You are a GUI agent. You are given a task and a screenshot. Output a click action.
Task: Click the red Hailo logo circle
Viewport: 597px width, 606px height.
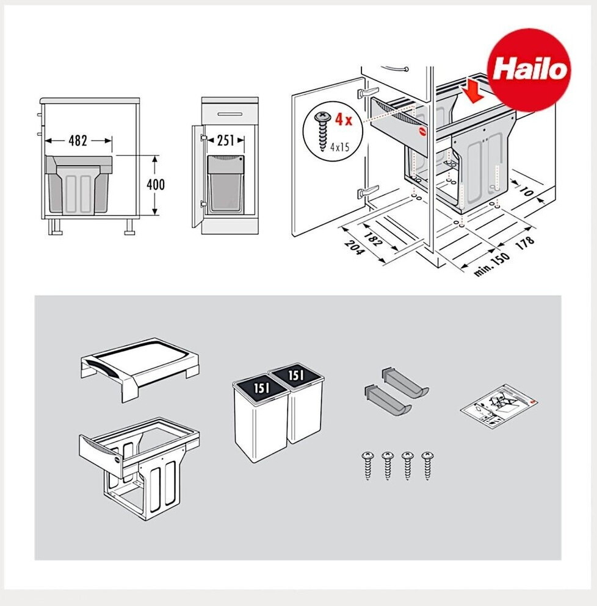pyautogui.click(x=529, y=70)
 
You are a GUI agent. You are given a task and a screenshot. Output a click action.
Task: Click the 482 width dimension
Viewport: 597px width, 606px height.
pyautogui.click(x=78, y=140)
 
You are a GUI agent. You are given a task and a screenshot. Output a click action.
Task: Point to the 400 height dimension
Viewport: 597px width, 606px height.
pyautogui.click(x=156, y=184)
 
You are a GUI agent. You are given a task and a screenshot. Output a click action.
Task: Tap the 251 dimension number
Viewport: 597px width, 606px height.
pyautogui.click(x=225, y=140)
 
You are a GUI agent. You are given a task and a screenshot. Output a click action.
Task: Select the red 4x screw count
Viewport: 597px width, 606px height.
pyautogui.click(x=344, y=119)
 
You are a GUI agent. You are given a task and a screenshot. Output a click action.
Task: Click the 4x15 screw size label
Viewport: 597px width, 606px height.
pyautogui.click(x=340, y=146)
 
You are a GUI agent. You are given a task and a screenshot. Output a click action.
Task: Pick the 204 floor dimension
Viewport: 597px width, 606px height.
pyautogui.click(x=354, y=248)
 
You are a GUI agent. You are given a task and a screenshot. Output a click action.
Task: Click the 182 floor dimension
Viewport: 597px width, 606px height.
pyautogui.click(x=372, y=239)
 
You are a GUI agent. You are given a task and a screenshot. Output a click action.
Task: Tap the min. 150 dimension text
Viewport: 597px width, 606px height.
pyautogui.click(x=491, y=265)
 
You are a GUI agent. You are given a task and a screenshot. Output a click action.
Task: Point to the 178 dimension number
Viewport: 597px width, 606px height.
pyautogui.click(x=525, y=243)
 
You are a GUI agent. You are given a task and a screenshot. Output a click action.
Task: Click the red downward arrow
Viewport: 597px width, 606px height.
pyautogui.click(x=472, y=94)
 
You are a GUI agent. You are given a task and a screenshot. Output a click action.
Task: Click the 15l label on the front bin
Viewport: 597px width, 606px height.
pyautogui.click(x=262, y=387)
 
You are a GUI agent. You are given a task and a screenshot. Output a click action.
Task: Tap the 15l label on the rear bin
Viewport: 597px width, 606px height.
pyautogui.click(x=295, y=374)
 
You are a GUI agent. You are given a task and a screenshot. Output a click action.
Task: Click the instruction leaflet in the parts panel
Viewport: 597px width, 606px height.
pyautogui.click(x=499, y=406)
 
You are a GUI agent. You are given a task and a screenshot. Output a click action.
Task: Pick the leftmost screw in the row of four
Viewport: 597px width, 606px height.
pyautogui.click(x=367, y=465)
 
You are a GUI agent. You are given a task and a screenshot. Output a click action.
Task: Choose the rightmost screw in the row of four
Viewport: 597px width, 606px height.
pyautogui.click(x=427, y=465)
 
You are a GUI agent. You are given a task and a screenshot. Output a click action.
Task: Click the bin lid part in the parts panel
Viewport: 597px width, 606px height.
pyautogui.click(x=140, y=369)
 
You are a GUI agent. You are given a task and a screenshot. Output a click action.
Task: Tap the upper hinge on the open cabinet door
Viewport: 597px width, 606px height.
pyautogui.click(x=367, y=93)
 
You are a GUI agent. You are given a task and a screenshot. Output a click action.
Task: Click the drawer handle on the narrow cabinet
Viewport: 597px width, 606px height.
pyautogui.click(x=230, y=114)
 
